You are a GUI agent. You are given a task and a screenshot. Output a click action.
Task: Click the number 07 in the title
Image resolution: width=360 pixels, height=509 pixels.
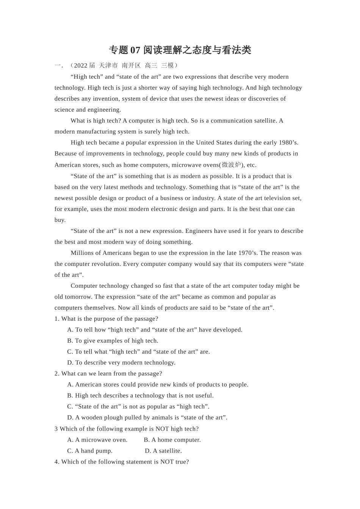click(135, 50)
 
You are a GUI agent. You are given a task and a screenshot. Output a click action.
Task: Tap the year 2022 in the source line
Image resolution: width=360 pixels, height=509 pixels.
click(81, 66)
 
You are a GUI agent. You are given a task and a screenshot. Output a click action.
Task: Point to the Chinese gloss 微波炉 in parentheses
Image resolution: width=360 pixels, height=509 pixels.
click(231, 165)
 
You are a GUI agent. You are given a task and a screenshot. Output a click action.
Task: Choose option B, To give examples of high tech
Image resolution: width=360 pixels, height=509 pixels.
click(113, 341)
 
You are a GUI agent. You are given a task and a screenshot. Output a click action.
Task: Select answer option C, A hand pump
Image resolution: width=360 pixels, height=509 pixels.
click(90, 451)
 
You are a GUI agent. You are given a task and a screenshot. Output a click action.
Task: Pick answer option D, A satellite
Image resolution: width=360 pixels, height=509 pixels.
click(163, 451)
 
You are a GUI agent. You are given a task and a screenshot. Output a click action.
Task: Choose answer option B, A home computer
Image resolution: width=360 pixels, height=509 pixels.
click(172, 440)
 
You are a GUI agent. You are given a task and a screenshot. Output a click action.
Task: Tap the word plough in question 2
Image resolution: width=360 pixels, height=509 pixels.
click(113, 418)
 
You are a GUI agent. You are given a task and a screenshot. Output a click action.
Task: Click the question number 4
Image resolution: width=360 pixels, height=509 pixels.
click(56, 462)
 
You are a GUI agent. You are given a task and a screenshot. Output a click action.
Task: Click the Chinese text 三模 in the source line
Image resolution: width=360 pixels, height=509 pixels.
click(167, 66)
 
